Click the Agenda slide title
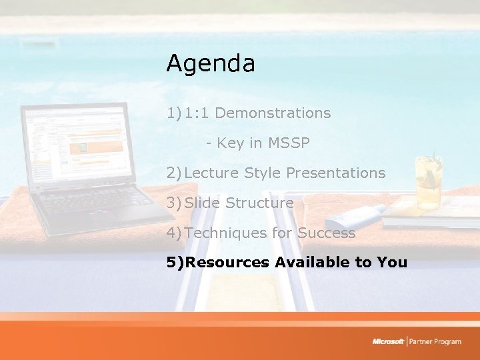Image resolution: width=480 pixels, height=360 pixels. point(211,64)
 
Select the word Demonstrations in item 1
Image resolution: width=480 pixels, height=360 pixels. point(273,113)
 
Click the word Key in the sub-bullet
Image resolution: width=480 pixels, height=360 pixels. point(231,143)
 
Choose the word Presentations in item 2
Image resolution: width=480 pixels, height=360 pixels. point(335,173)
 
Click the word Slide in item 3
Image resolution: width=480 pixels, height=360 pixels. point(203,203)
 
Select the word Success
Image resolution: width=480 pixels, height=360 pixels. point(326,233)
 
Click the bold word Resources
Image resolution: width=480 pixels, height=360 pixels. point(227,263)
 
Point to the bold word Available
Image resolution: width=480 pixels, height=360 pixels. point(313,263)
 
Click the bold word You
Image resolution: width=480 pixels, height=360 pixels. point(391,263)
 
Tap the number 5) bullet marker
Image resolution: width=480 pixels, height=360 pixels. point(175,263)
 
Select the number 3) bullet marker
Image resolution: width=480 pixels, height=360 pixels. point(175,203)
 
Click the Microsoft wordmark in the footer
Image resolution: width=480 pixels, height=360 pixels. point(388,342)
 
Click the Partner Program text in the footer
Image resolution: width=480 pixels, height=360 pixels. point(436,342)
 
